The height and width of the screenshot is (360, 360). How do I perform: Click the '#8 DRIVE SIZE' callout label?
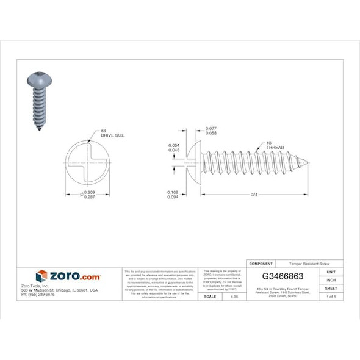112,132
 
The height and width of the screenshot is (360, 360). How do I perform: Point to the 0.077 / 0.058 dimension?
211,130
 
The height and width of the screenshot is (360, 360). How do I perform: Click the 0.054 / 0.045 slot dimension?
173,148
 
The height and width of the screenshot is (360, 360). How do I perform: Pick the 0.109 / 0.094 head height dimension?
173,194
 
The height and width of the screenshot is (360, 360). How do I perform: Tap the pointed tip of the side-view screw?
306,162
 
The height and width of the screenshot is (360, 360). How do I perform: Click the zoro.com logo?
68,276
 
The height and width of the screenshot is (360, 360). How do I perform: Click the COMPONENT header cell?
262,264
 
